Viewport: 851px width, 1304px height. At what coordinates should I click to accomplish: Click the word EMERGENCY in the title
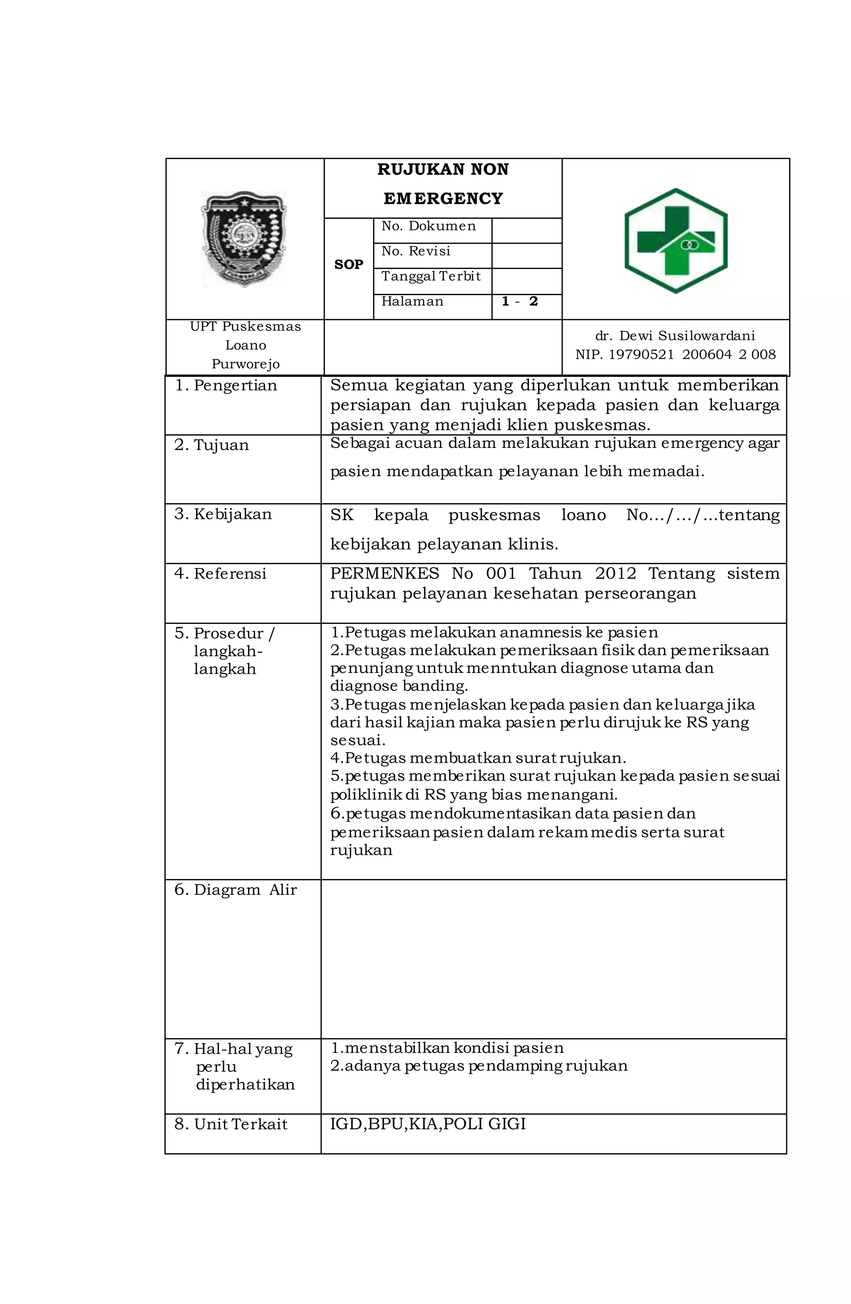tap(443, 198)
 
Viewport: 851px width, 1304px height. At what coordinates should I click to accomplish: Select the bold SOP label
tap(349, 264)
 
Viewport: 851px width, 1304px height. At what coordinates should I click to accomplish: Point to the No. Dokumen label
tap(428, 226)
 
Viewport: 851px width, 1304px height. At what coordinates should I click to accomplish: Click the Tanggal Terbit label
tap(431, 276)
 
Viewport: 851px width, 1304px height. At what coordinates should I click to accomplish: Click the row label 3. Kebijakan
tap(223, 514)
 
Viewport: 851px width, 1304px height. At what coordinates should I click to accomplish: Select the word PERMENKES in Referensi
tap(384, 574)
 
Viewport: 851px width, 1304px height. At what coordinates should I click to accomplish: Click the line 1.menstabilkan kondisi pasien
tap(447, 1048)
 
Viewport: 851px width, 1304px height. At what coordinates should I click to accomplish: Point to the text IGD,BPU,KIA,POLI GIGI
tap(428, 1124)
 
